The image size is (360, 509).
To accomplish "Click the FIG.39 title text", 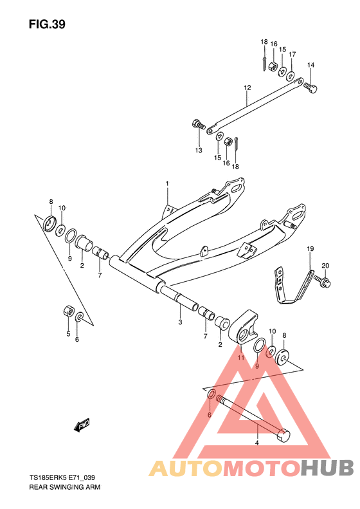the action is [x=47, y=24].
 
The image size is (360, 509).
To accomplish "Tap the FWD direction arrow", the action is [x=82, y=425].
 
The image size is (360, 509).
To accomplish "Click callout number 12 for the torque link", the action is [x=248, y=88].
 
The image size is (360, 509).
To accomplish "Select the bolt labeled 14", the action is [x=310, y=87].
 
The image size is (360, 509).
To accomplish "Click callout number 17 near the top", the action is [x=292, y=54].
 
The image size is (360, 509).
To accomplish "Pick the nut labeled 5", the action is [x=69, y=311].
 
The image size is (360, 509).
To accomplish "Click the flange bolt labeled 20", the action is [x=321, y=281].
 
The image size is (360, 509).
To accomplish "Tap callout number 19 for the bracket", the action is [x=310, y=249].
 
